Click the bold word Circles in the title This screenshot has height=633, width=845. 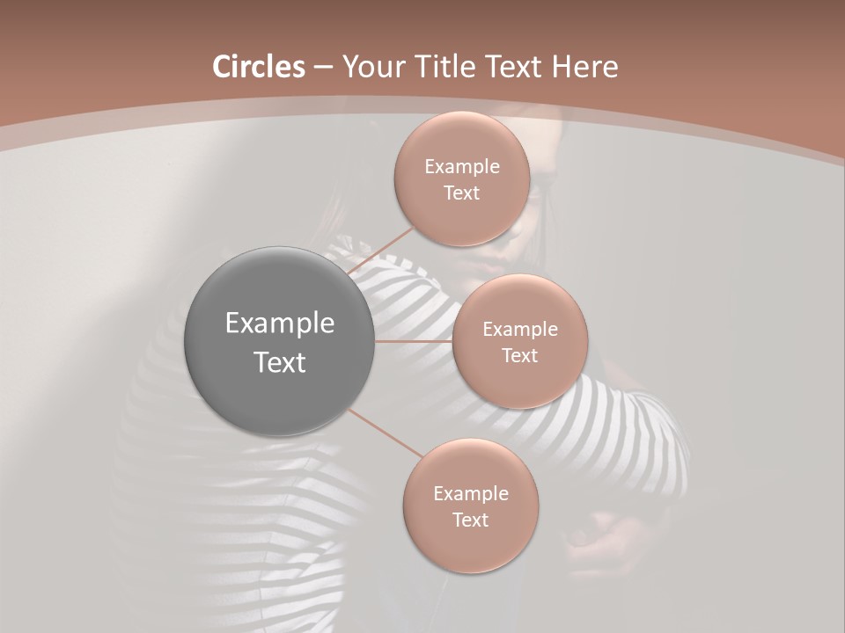[258, 67]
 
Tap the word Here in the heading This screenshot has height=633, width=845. [585, 67]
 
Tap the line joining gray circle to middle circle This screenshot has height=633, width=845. [413, 341]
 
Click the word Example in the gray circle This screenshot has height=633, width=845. [279, 324]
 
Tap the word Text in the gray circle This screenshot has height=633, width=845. [279, 362]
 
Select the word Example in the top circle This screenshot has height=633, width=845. [461, 167]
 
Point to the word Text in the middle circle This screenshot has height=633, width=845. [519, 355]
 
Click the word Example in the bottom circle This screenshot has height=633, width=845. [470, 493]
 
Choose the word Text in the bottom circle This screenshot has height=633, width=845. [470, 520]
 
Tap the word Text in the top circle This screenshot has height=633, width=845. [461, 193]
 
